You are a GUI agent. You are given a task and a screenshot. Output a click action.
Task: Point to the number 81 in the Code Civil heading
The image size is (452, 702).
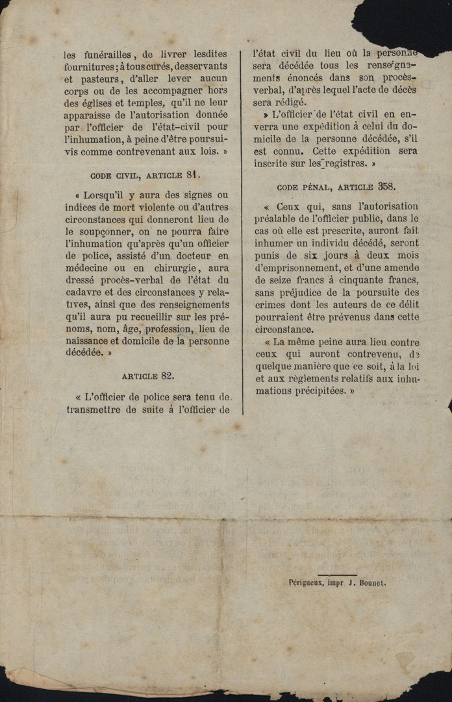[x=192, y=175]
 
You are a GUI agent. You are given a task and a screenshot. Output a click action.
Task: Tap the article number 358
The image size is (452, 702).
[x=387, y=186]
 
